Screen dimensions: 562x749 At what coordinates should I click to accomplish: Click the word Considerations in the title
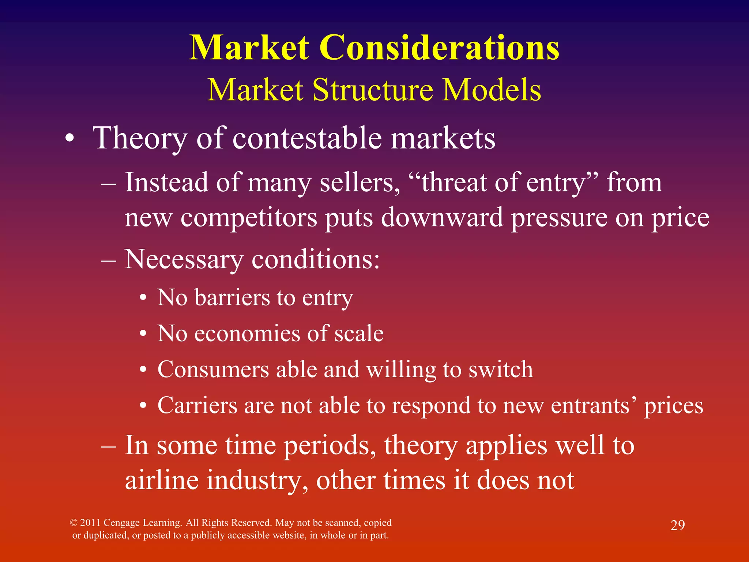439,48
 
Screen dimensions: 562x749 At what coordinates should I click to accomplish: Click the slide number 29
677,525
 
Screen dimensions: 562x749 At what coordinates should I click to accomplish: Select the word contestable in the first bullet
306,138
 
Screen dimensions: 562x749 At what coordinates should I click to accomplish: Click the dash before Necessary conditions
108,261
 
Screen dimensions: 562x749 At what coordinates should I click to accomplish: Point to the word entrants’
593,405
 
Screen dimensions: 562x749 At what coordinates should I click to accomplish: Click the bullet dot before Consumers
143,370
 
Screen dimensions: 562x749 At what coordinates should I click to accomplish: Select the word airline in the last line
162,480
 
